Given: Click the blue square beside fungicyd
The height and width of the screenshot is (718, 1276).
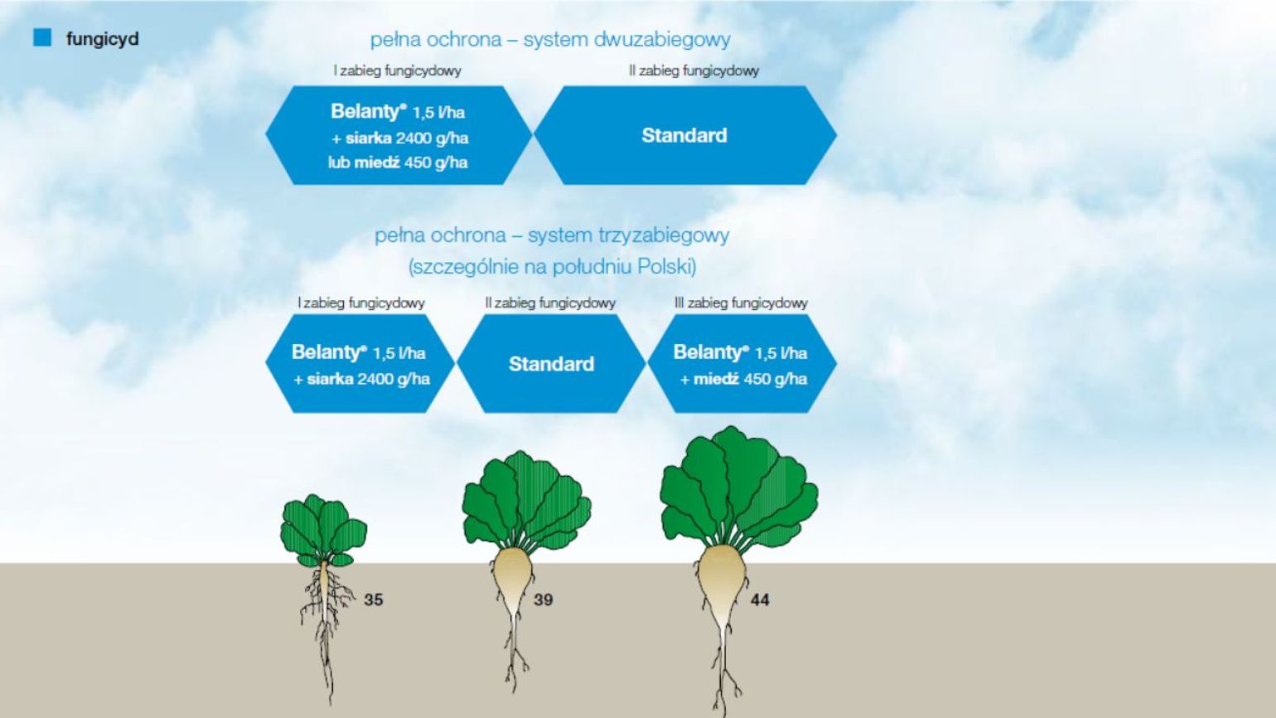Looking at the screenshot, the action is click(x=42, y=37).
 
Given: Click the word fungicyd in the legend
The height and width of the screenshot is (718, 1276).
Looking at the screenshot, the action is click(x=103, y=39).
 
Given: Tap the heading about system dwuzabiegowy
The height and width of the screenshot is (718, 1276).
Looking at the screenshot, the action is click(x=550, y=40).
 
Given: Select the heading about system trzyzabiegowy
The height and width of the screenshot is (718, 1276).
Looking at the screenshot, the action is click(x=552, y=235).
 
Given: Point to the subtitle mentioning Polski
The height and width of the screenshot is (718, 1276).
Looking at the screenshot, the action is click(x=553, y=267).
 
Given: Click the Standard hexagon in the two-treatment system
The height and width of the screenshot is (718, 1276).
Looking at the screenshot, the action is click(x=684, y=135).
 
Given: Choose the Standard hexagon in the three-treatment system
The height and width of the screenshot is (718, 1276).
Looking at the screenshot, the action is click(x=552, y=363).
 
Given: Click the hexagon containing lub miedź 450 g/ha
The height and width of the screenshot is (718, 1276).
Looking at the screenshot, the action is click(x=399, y=135).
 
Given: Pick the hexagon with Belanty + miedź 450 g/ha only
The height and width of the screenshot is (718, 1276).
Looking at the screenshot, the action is click(x=742, y=363).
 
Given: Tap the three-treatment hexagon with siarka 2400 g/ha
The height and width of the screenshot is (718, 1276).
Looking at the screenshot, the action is click(x=360, y=363).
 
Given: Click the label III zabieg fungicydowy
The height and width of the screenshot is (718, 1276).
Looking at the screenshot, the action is click(x=741, y=303).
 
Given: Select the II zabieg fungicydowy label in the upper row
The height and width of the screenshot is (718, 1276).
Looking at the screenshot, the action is click(x=694, y=70).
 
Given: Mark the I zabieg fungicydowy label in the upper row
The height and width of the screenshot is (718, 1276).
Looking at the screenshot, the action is click(x=397, y=70).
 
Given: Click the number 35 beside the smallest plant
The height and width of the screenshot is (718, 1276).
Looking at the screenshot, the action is click(x=374, y=599).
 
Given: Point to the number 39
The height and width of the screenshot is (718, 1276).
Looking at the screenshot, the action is click(x=544, y=599).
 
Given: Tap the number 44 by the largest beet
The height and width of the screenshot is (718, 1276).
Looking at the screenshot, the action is click(x=760, y=599).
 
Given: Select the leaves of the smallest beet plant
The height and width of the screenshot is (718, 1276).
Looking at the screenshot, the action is click(x=323, y=530).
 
